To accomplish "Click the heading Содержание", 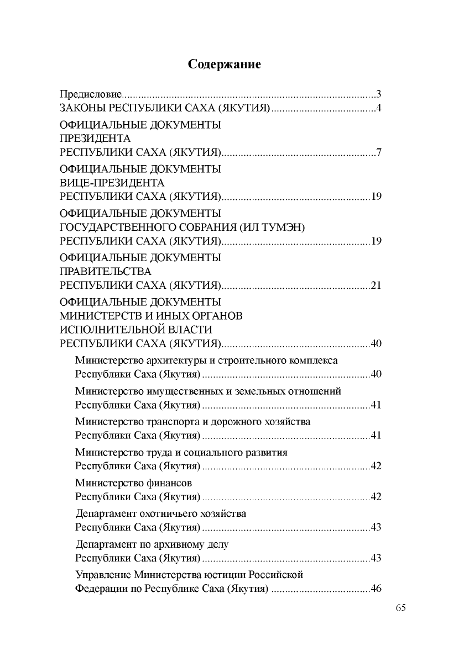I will [224, 64].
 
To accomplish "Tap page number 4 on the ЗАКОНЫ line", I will [379, 108].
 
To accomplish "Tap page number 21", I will [377, 285].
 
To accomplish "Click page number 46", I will [377, 589].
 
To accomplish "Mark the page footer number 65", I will [401, 608].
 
